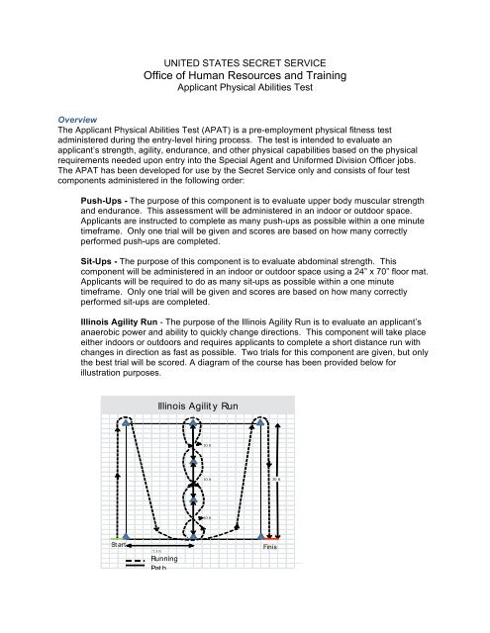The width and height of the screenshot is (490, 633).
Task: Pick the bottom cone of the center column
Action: click(194, 536)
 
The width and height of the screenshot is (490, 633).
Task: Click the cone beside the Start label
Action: click(126, 537)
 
